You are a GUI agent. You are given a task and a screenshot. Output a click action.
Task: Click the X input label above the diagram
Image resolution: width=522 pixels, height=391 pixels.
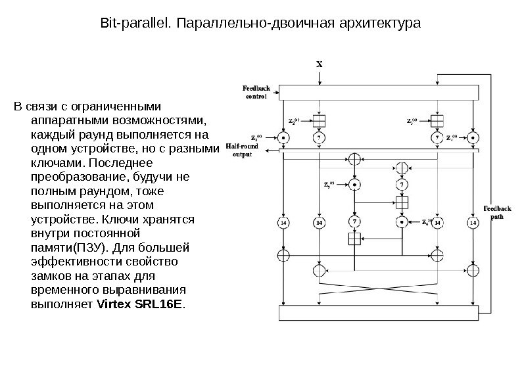click(320, 64)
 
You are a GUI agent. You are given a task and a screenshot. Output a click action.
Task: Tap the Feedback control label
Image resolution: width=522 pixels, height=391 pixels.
click(256, 91)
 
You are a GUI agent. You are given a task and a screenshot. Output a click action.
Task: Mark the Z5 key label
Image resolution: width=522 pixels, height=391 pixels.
click(329, 185)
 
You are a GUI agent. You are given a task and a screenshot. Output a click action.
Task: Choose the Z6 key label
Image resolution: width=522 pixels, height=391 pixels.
click(428, 221)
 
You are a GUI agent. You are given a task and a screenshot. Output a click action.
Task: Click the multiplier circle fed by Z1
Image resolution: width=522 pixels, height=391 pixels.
click(283, 138)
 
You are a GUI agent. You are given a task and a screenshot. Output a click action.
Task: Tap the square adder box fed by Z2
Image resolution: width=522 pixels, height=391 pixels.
click(319, 121)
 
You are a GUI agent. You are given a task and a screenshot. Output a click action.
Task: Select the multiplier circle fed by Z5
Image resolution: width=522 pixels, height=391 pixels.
click(355, 185)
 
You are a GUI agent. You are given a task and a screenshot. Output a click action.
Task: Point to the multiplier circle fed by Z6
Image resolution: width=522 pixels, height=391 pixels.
click(402, 222)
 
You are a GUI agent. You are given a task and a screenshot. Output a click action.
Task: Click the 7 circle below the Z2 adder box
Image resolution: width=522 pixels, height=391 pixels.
click(319, 138)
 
